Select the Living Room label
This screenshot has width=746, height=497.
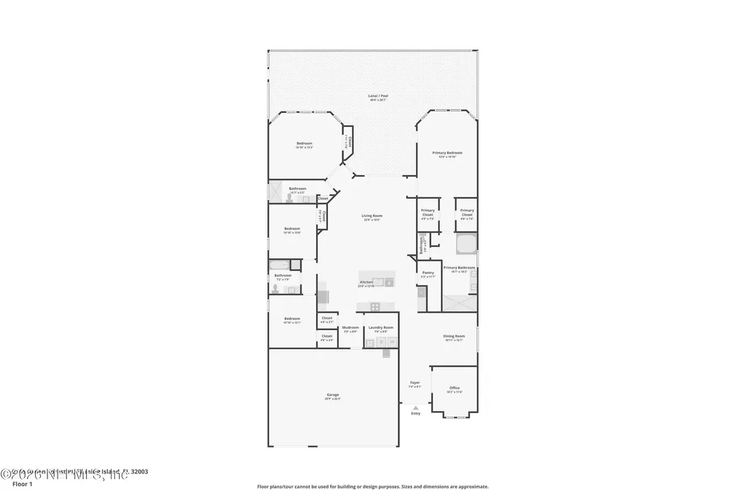[x=372, y=216]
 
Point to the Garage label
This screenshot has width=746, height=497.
[x=332, y=395]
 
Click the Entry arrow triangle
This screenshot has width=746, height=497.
[x=415, y=407]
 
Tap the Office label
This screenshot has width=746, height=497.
[x=454, y=388]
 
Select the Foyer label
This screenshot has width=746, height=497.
[x=415, y=383]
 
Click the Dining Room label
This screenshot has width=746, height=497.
[x=454, y=336]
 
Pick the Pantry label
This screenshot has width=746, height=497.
[x=428, y=273]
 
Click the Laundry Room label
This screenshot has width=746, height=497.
[x=380, y=328]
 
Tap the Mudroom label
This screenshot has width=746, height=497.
[x=350, y=328]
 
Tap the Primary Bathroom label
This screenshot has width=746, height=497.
[x=459, y=267]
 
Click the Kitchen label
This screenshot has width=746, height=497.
[x=366, y=282]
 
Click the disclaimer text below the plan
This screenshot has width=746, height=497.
[x=372, y=486]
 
